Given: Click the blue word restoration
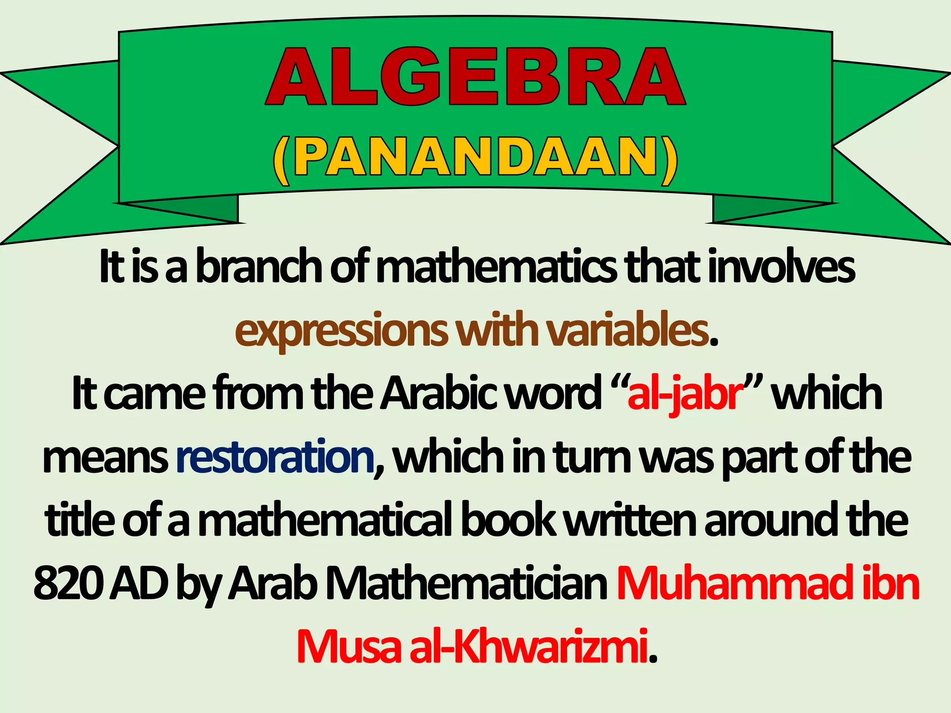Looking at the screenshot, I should [275, 457].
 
